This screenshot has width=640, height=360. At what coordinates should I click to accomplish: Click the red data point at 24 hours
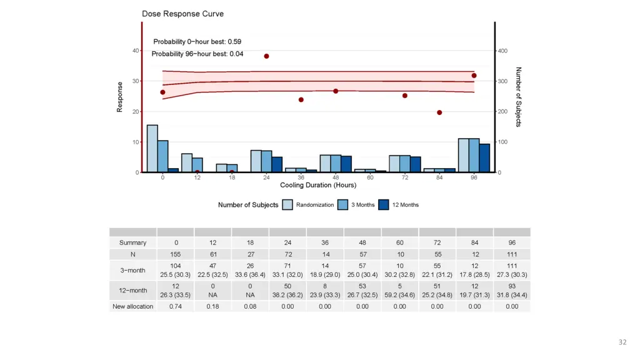tap(266, 56)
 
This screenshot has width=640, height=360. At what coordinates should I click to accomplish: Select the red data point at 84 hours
tap(439, 112)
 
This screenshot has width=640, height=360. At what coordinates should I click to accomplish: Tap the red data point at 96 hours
tap(474, 76)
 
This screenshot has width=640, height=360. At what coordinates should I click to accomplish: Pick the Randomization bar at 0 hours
tap(152, 149)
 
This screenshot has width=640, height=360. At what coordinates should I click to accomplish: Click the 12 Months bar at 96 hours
tap(484, 158)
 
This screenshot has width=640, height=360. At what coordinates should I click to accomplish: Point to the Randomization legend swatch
tap(287, 205)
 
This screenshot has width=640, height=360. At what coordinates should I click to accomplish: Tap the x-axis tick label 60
tap(371, 177)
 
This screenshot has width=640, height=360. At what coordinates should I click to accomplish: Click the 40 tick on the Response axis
tap(136, 51)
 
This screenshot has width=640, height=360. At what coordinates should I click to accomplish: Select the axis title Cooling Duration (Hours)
tap(318, 185)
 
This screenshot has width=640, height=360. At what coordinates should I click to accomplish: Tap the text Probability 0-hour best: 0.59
tap(197, 42)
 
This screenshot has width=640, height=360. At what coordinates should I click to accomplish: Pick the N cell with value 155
tap(176, 254)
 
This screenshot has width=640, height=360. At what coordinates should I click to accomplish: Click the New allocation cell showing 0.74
tap(176, 306)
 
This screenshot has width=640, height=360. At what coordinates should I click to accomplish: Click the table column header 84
tap(474, 242)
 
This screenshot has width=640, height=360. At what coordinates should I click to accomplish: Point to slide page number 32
tap(622, 342)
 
